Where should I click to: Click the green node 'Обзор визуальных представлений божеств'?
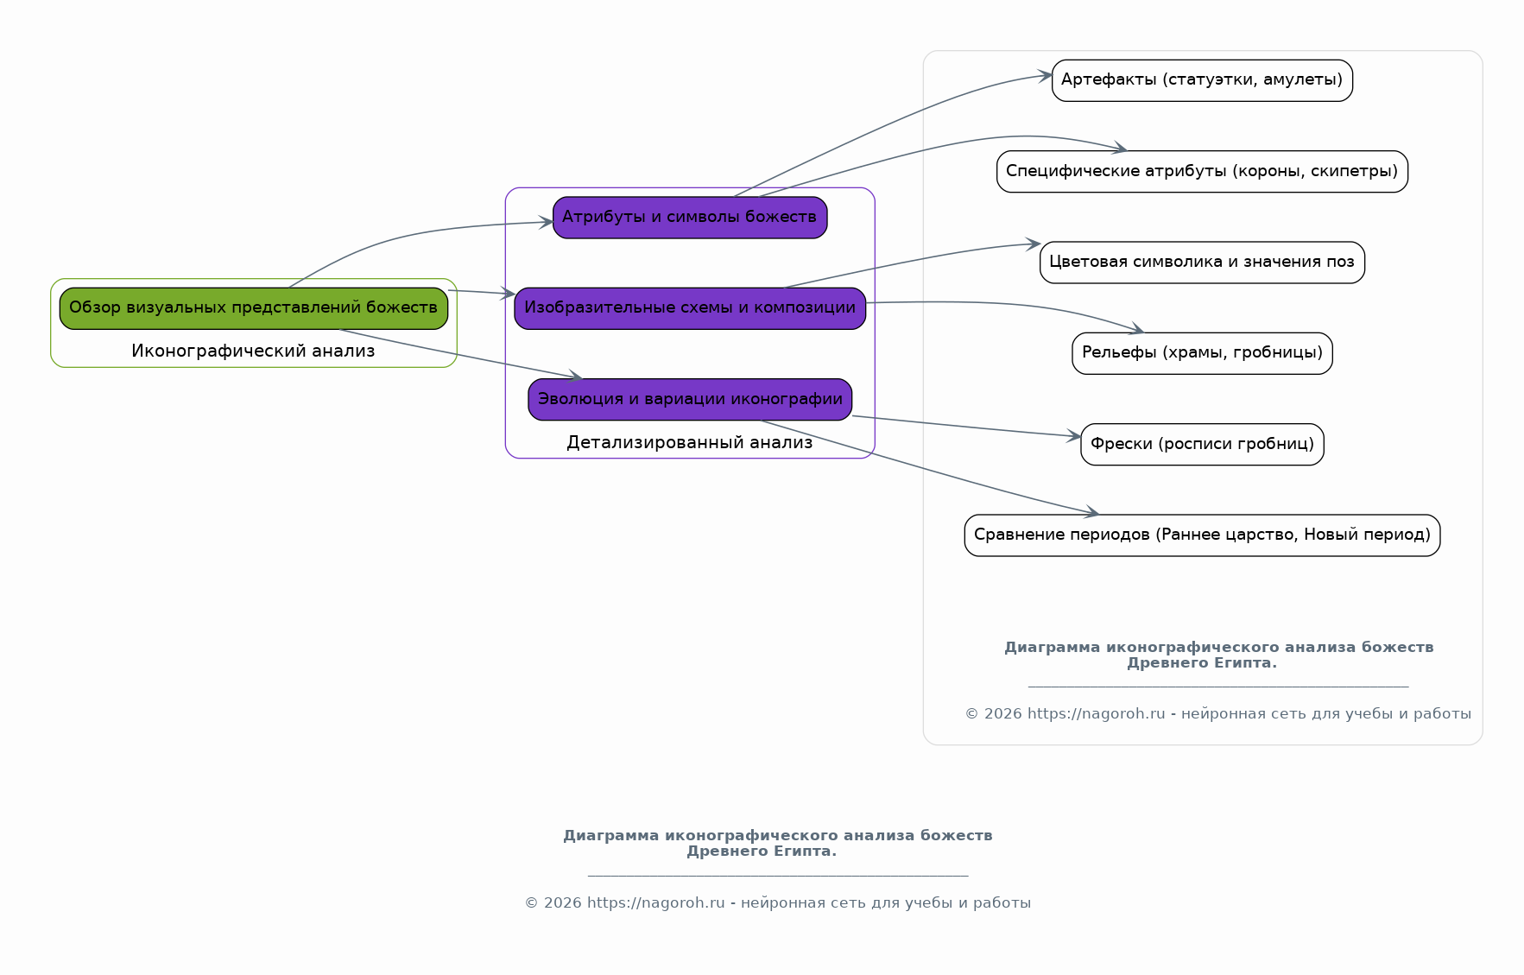[254, 308]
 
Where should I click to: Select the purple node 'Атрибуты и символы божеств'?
[690, 218]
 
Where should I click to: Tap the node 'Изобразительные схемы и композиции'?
[690, 308]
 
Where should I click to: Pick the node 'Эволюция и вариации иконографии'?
[690, 400]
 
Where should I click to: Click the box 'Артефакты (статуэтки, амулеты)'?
[1202, 80]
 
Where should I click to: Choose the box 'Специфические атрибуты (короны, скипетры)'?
[1202, 171]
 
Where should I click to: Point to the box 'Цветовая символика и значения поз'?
[1202, 263]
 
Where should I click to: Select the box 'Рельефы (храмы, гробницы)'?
[1202, 353]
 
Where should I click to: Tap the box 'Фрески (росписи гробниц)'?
[1202, 445]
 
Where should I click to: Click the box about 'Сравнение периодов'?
[1202, 535]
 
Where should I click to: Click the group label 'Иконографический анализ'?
[253, 351]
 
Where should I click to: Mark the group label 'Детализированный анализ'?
[690, 443]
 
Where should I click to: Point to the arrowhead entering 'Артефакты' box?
[1045, 76]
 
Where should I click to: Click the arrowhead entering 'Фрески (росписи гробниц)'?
[1073, 436]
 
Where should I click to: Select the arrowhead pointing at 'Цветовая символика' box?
[1033, 245]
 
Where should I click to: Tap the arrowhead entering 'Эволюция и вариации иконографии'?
[575, 377]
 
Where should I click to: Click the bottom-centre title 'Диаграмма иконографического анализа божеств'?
[778, 835]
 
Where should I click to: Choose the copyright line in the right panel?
[1217, 713]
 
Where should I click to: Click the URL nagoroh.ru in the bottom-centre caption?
[656, 902]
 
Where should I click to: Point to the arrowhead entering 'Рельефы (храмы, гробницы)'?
[1136, 329]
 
